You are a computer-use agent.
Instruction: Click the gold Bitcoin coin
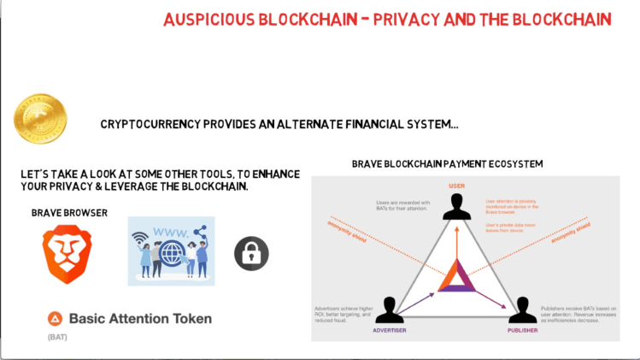40,118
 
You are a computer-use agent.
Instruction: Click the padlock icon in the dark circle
251,253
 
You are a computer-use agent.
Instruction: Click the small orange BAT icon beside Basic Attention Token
55,319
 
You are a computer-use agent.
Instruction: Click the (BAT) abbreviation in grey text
57,338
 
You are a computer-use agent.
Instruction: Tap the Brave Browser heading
69,212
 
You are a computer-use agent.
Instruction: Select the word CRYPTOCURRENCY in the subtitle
147,124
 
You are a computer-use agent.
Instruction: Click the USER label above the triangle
455,186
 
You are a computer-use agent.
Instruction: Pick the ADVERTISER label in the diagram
390,330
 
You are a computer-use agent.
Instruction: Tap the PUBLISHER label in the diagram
521,330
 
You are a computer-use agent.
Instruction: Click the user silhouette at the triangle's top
455,207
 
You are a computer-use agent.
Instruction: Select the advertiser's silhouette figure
390,310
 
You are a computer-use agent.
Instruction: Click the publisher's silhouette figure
521,310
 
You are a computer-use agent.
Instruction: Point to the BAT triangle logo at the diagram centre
455,278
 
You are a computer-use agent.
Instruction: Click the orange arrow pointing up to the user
455,244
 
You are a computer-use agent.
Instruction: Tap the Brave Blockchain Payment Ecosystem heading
447,163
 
